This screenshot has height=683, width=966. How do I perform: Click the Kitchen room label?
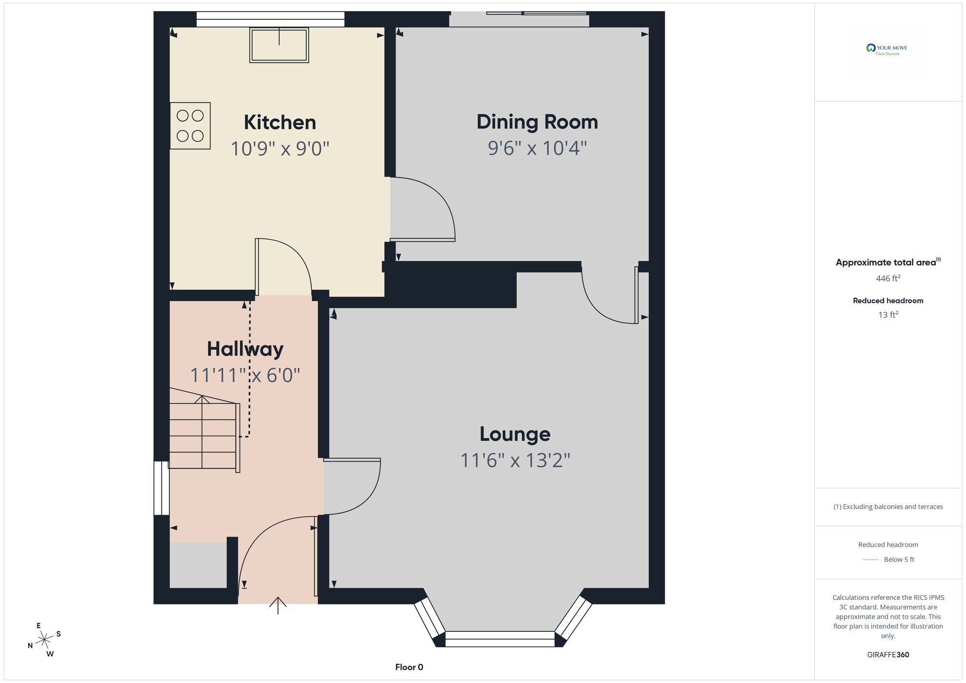(280, 122)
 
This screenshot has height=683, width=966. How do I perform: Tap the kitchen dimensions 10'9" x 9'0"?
(280, 148)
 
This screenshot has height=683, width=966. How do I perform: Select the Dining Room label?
(537, 122)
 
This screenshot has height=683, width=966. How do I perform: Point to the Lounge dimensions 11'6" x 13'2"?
(515, 460)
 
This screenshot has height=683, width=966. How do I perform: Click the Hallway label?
(245, 349)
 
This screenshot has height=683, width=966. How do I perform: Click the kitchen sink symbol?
(279, 45)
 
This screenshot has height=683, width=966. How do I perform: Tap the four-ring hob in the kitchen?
(190, 126)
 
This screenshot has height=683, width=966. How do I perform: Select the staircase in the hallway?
(203, 432)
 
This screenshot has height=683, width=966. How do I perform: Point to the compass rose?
(44, 640)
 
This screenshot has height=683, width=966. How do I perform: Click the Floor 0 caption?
(409, 667)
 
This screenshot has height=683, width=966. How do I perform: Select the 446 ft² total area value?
(888, 278)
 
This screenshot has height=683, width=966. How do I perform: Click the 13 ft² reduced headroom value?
(888, 315)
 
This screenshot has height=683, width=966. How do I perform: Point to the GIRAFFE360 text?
(888, 655)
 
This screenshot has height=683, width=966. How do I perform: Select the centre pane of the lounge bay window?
(499, 639)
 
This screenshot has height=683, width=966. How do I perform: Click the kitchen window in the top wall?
(270, 19)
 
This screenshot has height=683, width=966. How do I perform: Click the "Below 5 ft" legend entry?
(898, 559)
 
